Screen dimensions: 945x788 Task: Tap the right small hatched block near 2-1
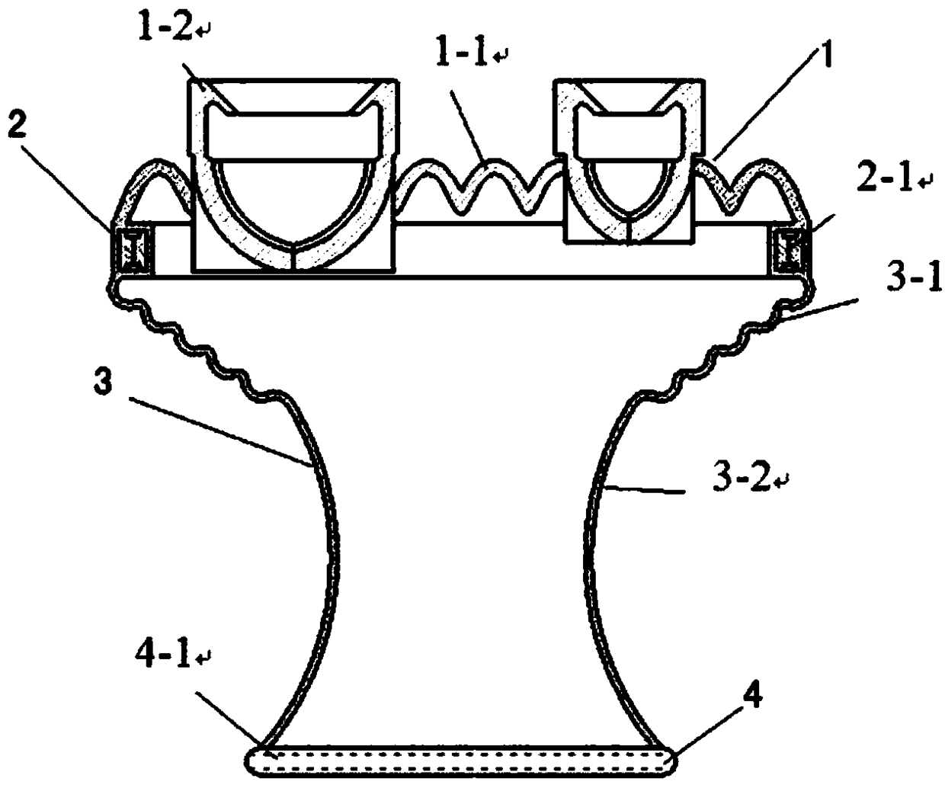click(788, 249)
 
